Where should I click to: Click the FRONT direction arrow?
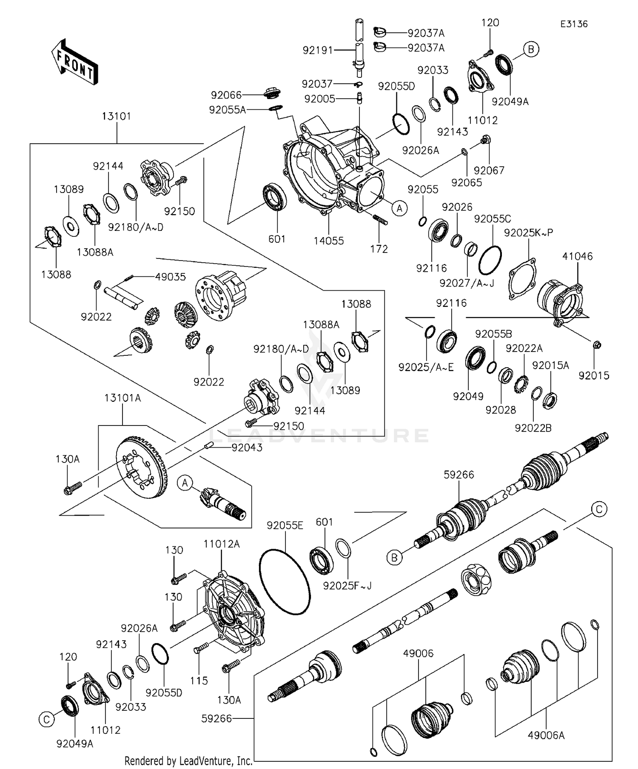(75, 62)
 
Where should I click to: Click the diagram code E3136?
(573, 24)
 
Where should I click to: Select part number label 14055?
(328, 241)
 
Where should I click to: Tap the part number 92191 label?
(318, 51)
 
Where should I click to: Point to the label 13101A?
(122, 398)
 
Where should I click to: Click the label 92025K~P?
(528, 233)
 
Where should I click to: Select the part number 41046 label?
(577, 256)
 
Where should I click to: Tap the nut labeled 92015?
(596, 344)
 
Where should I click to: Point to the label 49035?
(170, 277)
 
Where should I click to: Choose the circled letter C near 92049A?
(46, 720)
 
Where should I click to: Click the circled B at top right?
(531, 49)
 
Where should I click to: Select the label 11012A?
(221, 544)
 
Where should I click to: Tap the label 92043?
(247, 448)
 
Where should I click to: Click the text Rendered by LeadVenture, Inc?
(188, 760)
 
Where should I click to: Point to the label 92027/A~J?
(467, 283)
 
